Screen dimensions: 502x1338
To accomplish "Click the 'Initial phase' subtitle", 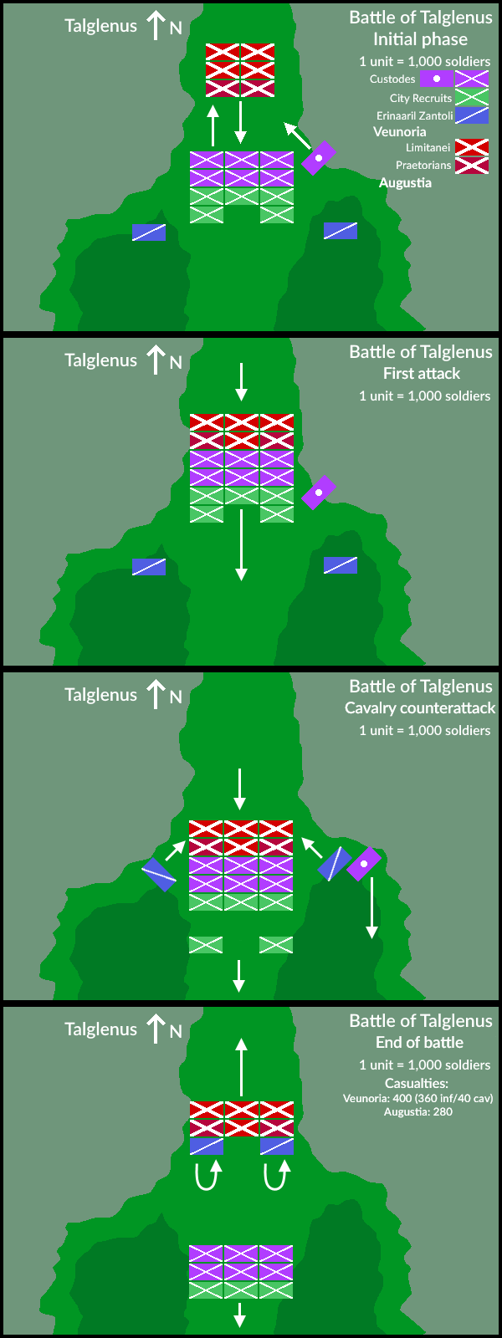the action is click(x=420, y=39).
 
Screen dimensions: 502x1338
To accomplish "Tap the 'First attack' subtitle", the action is click(x=421, y=374).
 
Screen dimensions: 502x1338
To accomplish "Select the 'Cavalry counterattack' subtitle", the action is click(x=420, y=708).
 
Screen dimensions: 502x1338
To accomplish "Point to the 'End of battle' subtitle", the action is click(x=419, y=1043).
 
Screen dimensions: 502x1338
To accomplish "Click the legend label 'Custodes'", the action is click(x=392, y=79).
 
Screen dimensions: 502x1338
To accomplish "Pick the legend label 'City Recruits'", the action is click(x=420, y=98).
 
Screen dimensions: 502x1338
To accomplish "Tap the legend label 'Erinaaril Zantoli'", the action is click(x=414, y=116).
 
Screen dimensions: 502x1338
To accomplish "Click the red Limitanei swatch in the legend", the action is click(x=471, y=147).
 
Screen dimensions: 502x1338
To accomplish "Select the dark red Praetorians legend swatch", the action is click(x=471, y=165).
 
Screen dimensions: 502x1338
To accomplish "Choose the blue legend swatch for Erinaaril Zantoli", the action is click(x=471, y=115).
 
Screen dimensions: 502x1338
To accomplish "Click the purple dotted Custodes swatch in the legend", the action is click(x=436, y=79).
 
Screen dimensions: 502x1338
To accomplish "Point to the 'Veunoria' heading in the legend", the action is click(x=399, y=132).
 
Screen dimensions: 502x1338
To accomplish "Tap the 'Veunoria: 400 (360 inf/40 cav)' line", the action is click(x=417, y=1098).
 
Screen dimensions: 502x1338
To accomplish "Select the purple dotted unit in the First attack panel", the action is click(x=319, y=493).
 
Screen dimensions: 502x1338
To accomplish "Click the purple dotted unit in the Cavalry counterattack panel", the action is click(x=364, y=864).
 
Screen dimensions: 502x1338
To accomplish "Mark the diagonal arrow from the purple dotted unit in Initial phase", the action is click(x=296, y=135).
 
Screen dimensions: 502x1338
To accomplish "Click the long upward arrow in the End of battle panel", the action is click(x=241, y=1067).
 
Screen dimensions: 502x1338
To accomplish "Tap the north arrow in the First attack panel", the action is click(x=156, y=360).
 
